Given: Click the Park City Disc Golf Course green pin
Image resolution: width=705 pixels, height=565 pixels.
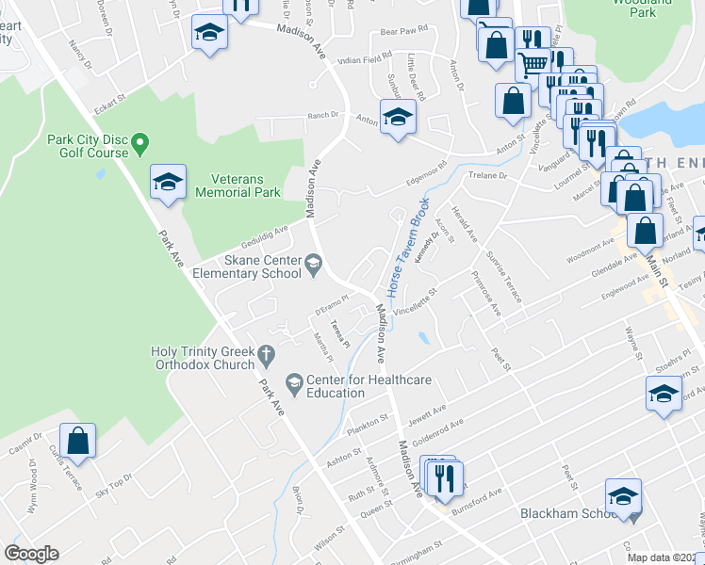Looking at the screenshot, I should (x=140, y=145).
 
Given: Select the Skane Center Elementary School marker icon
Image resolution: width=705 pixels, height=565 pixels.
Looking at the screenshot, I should (x=314, y=268).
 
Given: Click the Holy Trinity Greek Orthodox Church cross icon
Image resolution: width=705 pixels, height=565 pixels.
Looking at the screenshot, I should (x=267, y=355).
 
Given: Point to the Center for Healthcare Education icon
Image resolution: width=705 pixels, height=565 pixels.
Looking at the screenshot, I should (x=295, y=382).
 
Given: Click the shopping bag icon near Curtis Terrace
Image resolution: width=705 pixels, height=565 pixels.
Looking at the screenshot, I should (x=78, y=441).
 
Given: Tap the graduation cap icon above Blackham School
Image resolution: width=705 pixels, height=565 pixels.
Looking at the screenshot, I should (x=624, y=496).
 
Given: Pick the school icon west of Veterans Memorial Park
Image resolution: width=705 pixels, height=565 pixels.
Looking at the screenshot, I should (x=169, y=182).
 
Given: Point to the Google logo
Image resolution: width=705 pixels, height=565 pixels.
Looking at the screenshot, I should (x=31, y=554).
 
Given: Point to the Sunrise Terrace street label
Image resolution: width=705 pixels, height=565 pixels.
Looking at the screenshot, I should (x=503, y=276).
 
